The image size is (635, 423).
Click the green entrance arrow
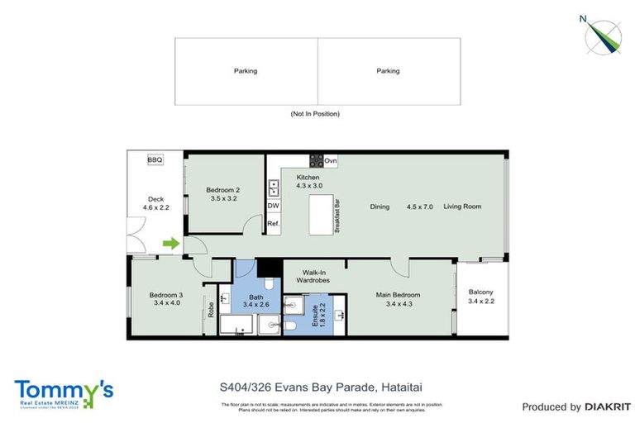170,243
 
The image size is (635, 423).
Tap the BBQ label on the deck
155,160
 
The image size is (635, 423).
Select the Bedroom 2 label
224,194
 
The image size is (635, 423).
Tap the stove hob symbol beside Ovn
316,160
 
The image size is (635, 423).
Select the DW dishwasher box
273,206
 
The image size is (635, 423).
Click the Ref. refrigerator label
273,224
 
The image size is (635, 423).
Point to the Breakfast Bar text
338,215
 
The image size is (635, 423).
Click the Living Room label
462,206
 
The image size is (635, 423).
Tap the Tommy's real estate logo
64,392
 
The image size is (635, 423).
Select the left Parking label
245,71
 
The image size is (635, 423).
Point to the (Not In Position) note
314,114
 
